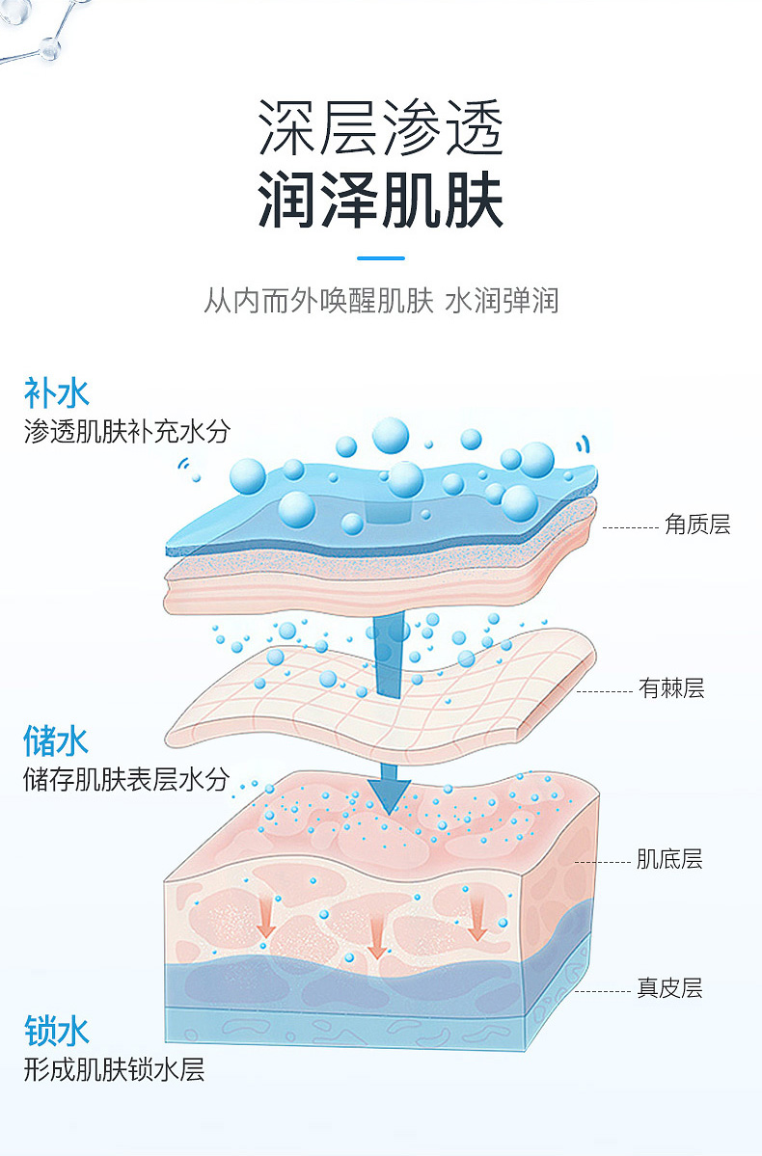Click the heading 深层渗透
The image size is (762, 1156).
point(381,129)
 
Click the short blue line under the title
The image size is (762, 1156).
point(381,257)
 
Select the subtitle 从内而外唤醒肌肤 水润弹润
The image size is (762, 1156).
point(381,301)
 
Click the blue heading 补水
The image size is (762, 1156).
point(56,392)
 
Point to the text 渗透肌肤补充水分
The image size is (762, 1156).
point(127,430)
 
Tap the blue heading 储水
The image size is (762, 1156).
point(56,740)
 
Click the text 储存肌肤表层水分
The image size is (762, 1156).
point(126,778)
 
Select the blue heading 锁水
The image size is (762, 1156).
point(56,1031)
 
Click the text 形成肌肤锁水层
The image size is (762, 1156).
point(115,1068)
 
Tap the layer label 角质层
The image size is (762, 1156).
point(696,524)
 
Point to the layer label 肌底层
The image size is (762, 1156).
point(669,859)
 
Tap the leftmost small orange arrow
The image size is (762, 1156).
point(266,925)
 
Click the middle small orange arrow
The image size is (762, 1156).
point(377,939)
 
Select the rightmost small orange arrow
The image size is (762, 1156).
point(476,925)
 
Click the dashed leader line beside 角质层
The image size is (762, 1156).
point(630,528)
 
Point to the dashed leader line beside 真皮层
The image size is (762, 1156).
point(602,990)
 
